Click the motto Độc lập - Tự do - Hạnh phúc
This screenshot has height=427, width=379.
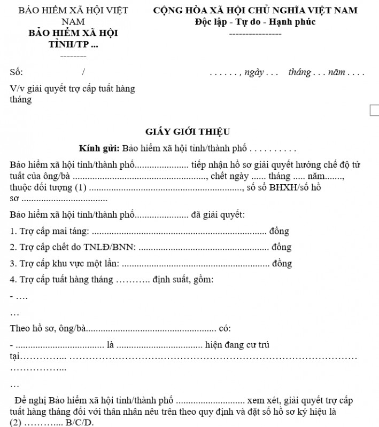tap(255, 22)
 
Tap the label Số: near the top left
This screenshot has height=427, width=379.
tap(16, 73)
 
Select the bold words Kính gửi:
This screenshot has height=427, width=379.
tap(99, 148)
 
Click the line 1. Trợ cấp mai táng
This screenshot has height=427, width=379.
tap(50, 231)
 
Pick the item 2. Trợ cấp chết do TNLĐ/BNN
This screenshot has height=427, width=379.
tap(73, 247)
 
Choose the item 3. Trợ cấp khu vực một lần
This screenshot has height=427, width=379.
tap(64, 264)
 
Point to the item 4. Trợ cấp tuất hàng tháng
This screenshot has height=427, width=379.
tap(61, 280)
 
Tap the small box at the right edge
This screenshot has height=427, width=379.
tap(374, 110)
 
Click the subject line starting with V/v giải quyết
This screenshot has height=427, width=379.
tap(72, 89)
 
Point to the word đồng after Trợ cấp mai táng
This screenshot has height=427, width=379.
tap(279, 231)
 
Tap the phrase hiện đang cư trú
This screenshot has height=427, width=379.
tap(237, 345)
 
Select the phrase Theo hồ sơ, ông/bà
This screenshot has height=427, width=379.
tap(48, 328)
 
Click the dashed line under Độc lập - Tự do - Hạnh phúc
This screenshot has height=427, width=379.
tap(255, 34)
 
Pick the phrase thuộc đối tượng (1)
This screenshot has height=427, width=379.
tap(48, 187)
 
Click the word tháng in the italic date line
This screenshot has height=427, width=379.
tap(299, 73)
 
